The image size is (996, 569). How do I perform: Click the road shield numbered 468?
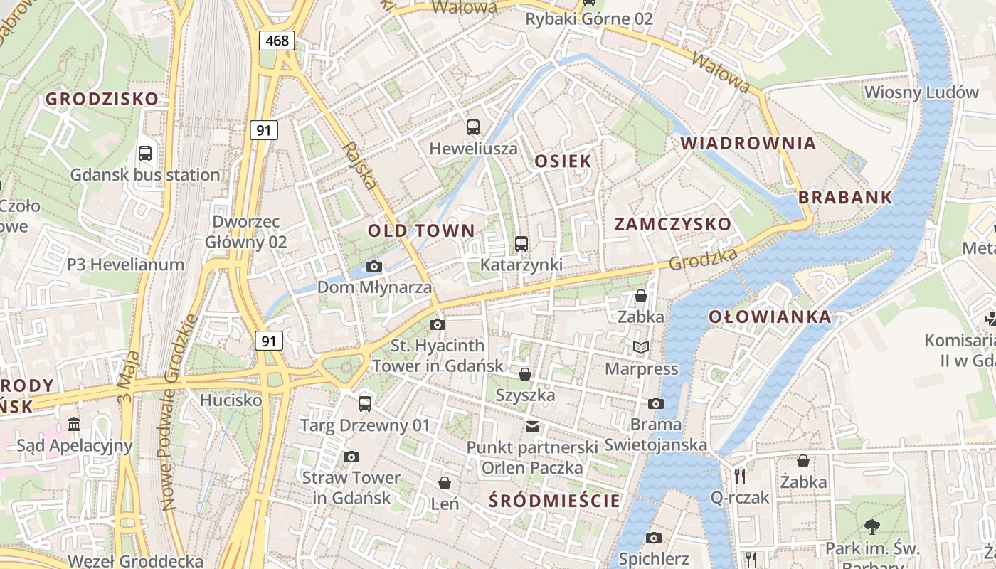coord(277,41)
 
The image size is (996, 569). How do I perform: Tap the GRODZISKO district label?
coord(102,99)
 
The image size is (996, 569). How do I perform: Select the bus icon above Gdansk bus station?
coord(145,153)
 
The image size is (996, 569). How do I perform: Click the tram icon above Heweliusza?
coord(473,127)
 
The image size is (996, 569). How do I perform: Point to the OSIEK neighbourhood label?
coord(563,161)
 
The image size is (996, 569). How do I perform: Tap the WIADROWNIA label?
coord(748,143)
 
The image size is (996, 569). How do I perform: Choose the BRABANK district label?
coord(845,198)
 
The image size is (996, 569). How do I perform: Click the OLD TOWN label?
coord(421,230)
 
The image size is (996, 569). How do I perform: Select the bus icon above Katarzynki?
coord(521,244)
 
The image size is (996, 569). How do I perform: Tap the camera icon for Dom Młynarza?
coord(374,267)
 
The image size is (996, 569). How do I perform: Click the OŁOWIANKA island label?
coord(770,317)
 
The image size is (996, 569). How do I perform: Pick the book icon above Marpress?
coord(641,347)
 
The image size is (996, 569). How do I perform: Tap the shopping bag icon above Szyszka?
coord(525,373)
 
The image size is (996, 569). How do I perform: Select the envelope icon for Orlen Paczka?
coord(532,426)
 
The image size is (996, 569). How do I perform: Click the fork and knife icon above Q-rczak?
coord(740,476)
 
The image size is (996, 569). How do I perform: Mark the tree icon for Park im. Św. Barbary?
coord(872,526)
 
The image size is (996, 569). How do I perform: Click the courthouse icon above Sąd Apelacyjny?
coord(74,425)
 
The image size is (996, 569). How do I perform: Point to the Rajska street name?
coord(359,166)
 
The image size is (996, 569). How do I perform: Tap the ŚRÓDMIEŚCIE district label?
coord(555,501)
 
